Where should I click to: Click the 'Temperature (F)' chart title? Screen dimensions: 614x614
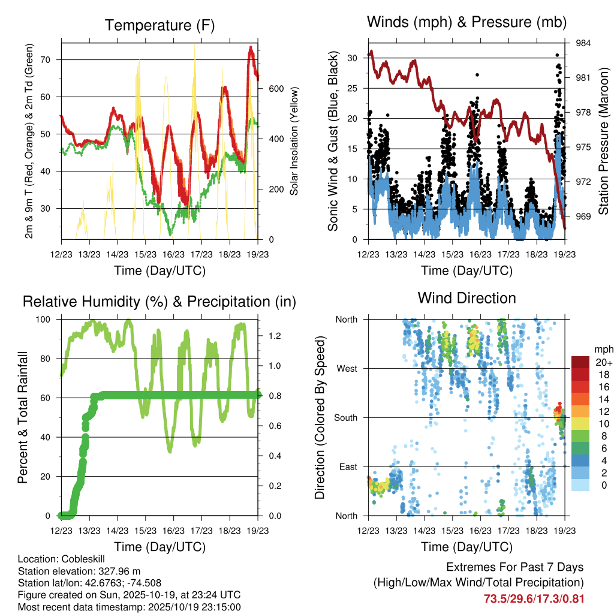pyautogui.click(x=159, y=25)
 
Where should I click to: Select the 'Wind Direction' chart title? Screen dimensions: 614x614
pyautogui.click(x=466, y=298)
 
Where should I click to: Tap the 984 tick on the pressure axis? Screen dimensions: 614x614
pyautogui.click(x=583, y=43)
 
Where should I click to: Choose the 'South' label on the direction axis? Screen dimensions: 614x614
pyautogui.click(x=345, y=417)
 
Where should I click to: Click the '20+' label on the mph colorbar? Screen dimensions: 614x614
pyautogui.click(x=603, y=362)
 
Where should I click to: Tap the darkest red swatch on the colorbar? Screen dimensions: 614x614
pyautogui.click(x=580, y=362)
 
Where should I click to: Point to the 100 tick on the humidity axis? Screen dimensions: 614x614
pyautogui.click(x=45, y=320)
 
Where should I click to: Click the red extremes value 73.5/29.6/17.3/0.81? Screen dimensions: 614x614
pyautogui.click(x=534, y=598)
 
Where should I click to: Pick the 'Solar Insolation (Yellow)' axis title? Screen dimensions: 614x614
pyautogui.click(x=294, y=141)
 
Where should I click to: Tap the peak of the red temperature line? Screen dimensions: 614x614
pyautogui.click(x=251, y=47)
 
